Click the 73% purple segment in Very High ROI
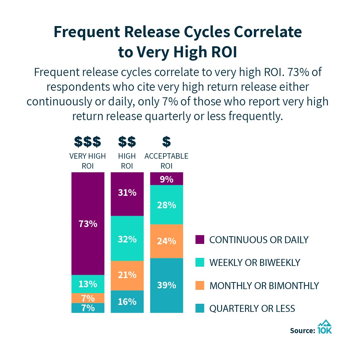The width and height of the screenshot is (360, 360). point(88,223)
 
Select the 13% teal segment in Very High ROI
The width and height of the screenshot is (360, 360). point(88,284)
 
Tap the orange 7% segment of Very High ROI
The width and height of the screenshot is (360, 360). point(88,298)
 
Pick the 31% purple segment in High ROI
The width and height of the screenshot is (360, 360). point(127,194)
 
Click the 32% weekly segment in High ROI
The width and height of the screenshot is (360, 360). point(127,238)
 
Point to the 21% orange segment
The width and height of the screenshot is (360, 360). point(127,276)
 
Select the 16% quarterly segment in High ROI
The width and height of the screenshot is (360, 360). point(127,302)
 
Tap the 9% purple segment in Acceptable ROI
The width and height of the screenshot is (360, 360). point(167,179)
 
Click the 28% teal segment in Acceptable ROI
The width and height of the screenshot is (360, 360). point(167,205)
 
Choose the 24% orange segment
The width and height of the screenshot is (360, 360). point(167,241)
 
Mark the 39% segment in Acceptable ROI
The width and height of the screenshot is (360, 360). point(167,285)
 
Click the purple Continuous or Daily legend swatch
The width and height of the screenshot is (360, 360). point(200,240)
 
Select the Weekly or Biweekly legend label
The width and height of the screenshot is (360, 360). point(255,262)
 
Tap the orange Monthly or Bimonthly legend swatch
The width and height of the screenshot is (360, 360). point(200,285)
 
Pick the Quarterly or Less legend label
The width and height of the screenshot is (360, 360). point(252,308)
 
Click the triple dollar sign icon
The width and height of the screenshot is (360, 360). point(87,141)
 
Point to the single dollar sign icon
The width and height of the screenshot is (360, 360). point(166,141)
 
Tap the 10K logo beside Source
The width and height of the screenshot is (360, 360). point(325,327)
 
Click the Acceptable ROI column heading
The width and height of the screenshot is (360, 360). point(166,161)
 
